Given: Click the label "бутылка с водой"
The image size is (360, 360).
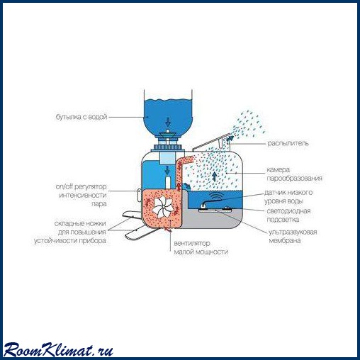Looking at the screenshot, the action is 81,117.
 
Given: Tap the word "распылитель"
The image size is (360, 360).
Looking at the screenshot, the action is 288,143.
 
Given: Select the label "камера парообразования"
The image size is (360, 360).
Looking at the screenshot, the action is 294,174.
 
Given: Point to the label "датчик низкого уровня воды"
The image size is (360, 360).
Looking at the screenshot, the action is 288,197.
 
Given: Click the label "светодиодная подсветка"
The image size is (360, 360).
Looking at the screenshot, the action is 288,215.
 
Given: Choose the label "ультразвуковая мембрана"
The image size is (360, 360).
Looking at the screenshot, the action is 293,236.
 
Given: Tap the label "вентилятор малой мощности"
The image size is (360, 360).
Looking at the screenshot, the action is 201,247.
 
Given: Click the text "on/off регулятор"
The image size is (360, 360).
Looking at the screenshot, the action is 81,186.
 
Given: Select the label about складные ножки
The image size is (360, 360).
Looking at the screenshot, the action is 70,232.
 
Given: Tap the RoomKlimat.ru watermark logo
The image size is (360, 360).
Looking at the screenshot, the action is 58,349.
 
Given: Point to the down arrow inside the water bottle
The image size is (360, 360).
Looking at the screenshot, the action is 168,122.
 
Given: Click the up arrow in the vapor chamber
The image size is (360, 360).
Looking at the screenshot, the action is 214,176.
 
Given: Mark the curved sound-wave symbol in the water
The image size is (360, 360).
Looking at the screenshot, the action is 216,196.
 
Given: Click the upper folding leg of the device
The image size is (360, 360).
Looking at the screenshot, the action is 131,214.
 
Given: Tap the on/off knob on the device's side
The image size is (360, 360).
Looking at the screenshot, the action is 139,195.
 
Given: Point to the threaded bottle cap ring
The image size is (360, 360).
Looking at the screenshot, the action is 168,148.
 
